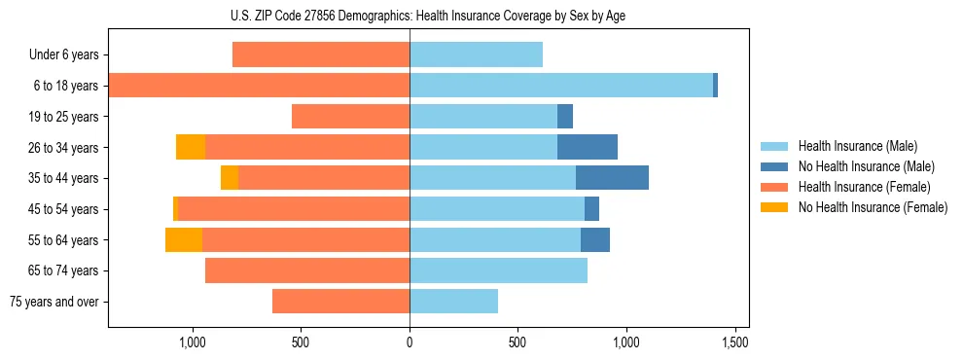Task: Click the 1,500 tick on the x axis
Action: click(735, 342)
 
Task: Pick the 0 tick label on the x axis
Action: click(410, 342)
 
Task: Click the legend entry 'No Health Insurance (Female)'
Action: click(873, 207)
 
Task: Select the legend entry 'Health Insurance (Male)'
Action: click(858, 146)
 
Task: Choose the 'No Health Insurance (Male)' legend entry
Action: click(866, 166)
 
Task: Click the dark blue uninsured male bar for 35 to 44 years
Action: click(612, 178)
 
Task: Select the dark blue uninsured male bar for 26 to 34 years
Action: click(588, 147)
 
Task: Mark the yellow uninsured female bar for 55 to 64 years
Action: click(184, 239)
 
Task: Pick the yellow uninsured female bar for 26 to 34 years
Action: click(191, 147)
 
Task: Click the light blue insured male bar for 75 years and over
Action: click(453, 302)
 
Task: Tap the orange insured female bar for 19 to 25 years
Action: click(350, 117)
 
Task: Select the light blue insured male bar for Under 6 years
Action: click(476, 55)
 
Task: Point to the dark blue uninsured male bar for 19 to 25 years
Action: click(565, 117)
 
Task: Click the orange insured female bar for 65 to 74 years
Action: click(307, 270)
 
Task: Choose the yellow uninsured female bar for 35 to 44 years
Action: click(230, 178)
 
